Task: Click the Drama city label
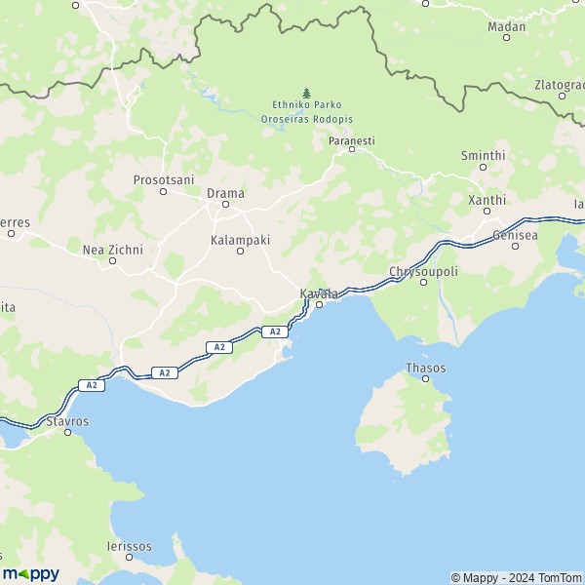tap(225, 193)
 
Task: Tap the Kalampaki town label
tap(240, 239)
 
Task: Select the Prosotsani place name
tap(164, 179)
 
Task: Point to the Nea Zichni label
tap(112, 250)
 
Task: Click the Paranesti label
tap(351, 141)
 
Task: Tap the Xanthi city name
tap(487, 200)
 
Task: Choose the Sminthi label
tap(483, 155)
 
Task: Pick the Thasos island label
tap(425, 368)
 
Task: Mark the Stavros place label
tap(67, 421)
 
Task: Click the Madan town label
tap(506, 26)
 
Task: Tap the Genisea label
tap(516, 235)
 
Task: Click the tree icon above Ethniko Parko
tap(306, 93)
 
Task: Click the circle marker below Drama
tap(225, 205)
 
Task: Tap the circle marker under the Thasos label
tap(425, 378)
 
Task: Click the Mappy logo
tap(30, 573)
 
